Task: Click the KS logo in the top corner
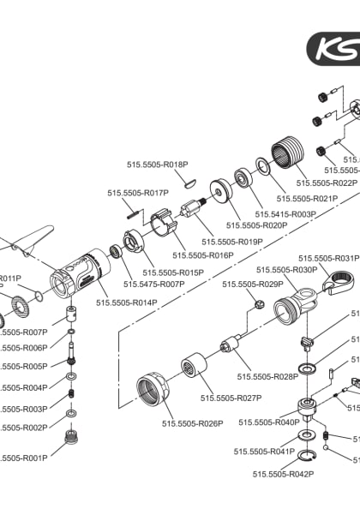tap(334, 47)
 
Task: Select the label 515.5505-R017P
tap(138, 194)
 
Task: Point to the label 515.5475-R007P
tap(154, 284)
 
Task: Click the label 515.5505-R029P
tap(252, 284)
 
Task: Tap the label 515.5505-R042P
tap(283, 473)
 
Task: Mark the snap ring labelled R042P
tap(305, 455)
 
